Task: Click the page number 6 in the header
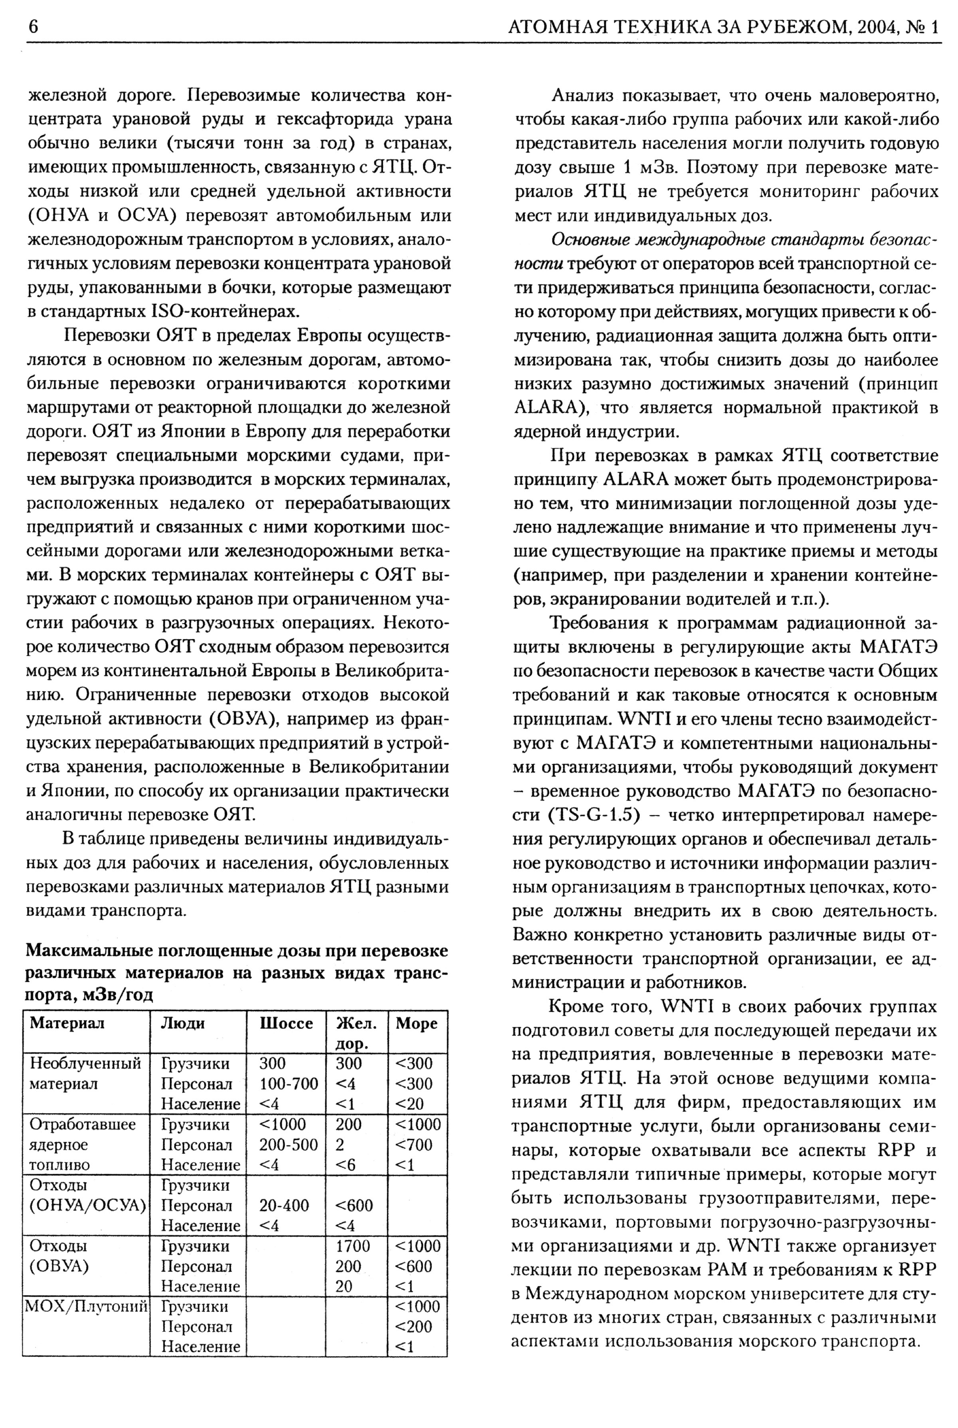pyautogui.click(x=32, y=27)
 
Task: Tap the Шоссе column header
pyautogui.click(x=286, y=1023)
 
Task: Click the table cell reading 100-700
pyautogui.click(x=288, y=1084)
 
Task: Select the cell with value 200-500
pyautogui.click(x=288, y=1145)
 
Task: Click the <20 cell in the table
pyautogui.click(x=410, y=1104)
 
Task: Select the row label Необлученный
pyautogui.click(x=85, y=1063)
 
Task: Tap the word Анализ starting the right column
pyautogui.click(x=582, y=96)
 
